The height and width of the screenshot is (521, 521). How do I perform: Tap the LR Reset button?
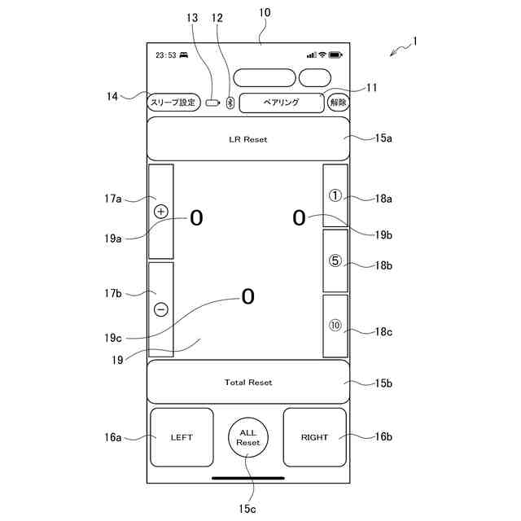tap(248, 139)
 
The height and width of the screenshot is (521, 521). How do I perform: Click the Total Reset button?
tap(248, 382)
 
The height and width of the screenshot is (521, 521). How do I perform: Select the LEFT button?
tap(182, 437)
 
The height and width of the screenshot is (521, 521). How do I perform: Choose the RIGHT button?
tap(314, 437)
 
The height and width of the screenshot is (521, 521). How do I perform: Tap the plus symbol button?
tap(160, 212)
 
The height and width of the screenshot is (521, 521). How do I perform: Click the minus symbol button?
tap(160, 309)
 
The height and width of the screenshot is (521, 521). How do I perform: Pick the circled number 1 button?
tap(335, 195)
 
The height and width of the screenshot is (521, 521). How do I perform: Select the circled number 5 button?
tap(335, 261)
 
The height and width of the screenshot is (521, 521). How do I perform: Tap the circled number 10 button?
tap(335, 326)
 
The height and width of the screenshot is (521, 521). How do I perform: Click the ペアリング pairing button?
tap(281, 103)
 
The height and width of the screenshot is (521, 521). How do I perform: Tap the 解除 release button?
tap(338, 103)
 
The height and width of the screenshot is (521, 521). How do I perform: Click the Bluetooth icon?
tap(230, 103)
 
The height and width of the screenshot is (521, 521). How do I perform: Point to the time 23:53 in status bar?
tap(166, 55)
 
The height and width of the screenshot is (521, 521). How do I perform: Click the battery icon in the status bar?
tap(335, 55)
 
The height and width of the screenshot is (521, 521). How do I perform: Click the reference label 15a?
tap(383, 138)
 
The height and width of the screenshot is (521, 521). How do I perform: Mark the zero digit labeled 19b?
tap(299, 217)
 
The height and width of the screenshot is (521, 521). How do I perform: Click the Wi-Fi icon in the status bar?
tap(322, 55)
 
